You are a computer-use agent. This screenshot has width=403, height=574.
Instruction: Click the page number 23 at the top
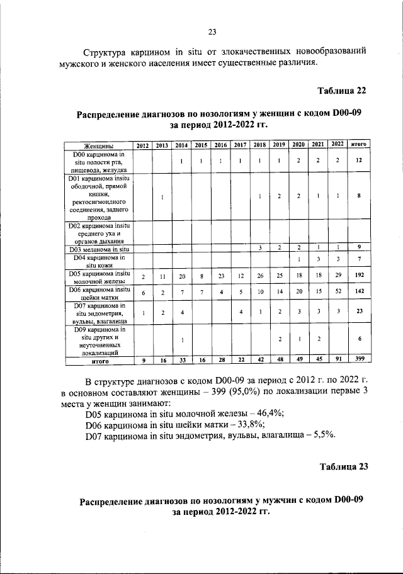212,33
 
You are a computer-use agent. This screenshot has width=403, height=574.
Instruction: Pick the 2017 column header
239,145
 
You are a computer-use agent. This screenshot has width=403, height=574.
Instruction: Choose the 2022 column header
337,144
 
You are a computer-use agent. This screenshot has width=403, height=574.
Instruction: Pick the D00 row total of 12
358,161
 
